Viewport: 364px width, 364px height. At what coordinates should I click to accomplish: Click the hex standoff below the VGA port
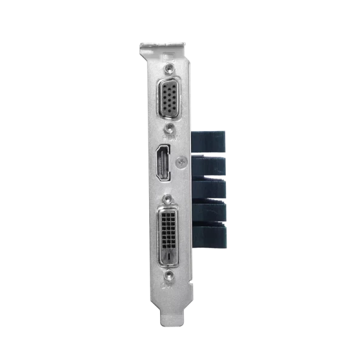170,128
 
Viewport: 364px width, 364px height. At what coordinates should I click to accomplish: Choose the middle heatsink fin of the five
209,189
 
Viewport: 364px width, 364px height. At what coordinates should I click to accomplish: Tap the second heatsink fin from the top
209,166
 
